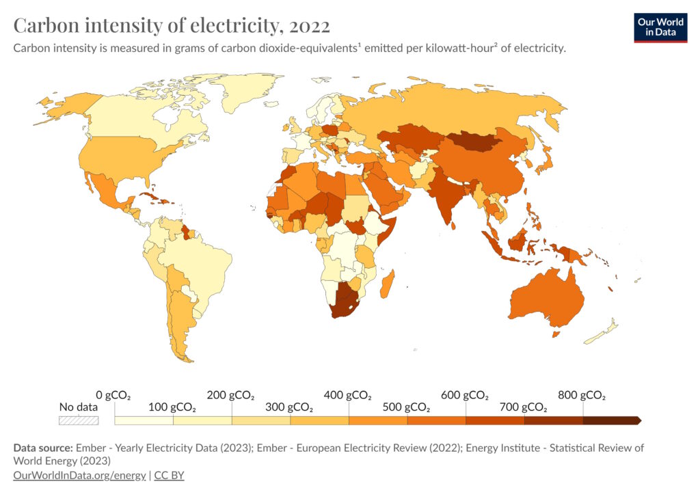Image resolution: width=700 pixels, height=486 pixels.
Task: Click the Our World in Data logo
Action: coord(660,27)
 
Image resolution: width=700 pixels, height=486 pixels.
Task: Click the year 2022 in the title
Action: coord(310,26)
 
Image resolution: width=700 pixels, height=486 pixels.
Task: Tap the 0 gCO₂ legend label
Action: coord(113,395)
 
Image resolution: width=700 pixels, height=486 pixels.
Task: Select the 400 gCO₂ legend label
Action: coord(349,395)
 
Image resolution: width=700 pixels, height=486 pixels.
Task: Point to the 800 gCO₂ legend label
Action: coord(582,395)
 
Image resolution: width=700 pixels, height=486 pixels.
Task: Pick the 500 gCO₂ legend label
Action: coord(407,408)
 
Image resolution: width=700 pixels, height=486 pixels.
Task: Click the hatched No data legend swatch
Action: coord(79,420)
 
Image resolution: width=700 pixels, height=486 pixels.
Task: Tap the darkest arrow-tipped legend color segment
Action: coord(611,420)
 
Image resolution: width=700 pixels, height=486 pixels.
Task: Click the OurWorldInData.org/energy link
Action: coord(79,475)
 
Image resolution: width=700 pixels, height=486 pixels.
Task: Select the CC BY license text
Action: coord(169,475)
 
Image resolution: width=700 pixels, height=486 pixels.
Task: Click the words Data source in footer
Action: coord(43,448)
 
